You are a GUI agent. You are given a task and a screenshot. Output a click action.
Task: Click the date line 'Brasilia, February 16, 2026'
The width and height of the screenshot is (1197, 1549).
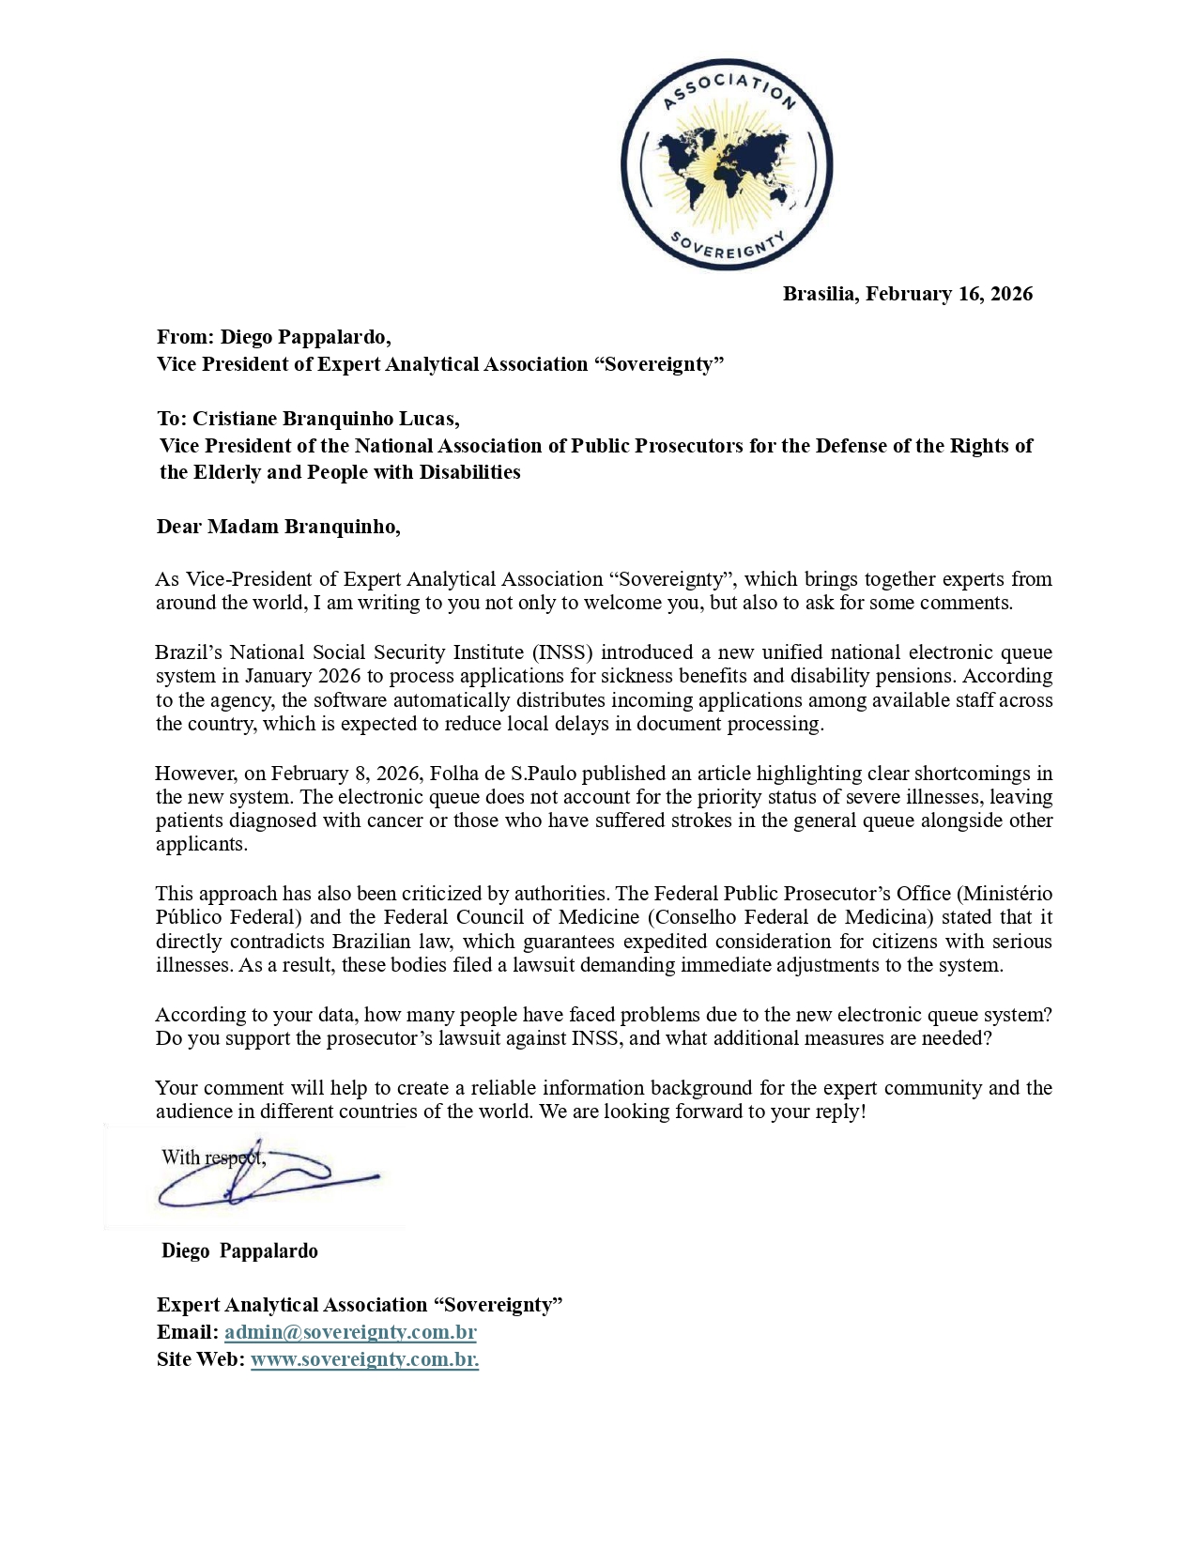(907, 294)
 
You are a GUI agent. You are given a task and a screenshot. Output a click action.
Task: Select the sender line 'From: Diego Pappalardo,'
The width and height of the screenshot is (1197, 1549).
(273, 337)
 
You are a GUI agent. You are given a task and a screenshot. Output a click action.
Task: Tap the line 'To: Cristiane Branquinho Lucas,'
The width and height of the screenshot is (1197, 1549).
(308, 419)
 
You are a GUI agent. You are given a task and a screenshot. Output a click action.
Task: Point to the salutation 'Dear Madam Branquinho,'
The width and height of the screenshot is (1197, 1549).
(278, 527)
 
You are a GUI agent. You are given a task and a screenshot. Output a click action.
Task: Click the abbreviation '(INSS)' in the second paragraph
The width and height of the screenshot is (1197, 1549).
(562, 652)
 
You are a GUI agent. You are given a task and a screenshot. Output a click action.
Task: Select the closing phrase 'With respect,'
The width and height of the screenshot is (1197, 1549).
(212, 1158)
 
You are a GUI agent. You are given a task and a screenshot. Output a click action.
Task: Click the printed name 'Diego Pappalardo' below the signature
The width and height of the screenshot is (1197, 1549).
(239, 1251)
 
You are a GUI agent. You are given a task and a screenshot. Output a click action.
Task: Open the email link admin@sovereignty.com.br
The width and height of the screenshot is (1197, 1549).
(350, 1332)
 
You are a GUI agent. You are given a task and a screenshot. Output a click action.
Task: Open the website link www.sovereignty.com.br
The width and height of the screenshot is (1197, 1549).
(364, 1359)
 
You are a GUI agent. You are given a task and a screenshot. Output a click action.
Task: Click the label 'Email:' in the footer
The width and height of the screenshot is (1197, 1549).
(188, 1332)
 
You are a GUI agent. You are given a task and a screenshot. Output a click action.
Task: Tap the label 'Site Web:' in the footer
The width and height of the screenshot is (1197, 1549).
(201, 1359)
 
